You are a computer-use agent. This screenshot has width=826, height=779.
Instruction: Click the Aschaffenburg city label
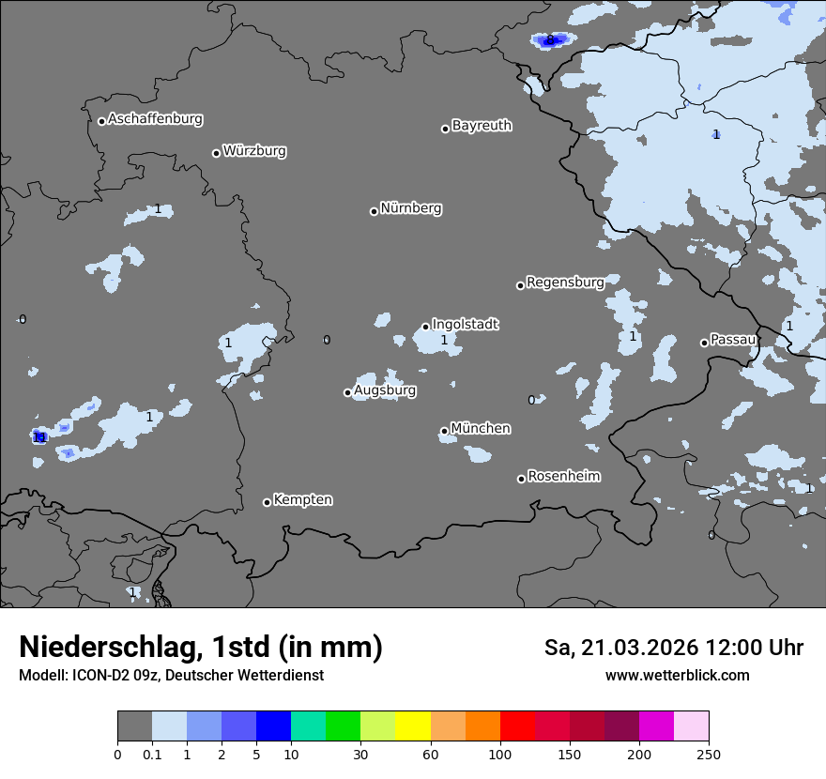pos(155,119)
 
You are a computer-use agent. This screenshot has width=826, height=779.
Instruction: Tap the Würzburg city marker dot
pos(216,153)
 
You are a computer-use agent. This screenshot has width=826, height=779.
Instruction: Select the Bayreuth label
pos(482,125)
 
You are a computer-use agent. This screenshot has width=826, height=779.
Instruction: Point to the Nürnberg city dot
pos(374,211)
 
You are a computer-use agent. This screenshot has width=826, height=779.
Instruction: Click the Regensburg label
pos(565,282)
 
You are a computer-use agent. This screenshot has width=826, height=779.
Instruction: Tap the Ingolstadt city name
pos(465,324)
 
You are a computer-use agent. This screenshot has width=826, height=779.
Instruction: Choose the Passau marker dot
pos(704,343)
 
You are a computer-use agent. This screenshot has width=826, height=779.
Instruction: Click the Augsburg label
pos(385,389)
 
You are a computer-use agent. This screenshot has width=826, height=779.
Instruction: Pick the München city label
pos(481,428)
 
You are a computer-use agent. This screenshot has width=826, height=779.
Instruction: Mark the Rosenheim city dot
pos(521,479)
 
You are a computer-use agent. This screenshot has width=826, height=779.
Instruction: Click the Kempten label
pos(302,499)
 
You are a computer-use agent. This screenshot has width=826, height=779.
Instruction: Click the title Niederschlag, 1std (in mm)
pos(200,648)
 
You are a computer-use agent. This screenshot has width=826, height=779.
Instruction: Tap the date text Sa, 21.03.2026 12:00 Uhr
pos(673,648)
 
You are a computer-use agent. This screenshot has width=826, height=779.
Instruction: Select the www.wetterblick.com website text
pos(677,675)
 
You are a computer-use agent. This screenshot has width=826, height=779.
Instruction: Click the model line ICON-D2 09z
pos(171,675)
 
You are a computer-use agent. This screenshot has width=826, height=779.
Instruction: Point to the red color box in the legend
pos(517,726)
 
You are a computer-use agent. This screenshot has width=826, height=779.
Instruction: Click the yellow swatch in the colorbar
pos(413,726)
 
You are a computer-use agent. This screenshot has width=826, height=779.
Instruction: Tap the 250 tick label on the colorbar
pos(709,754)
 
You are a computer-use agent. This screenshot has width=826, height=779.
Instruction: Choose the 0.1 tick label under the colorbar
pos(152,754)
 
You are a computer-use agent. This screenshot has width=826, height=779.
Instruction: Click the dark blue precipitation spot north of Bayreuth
pos(550,39)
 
